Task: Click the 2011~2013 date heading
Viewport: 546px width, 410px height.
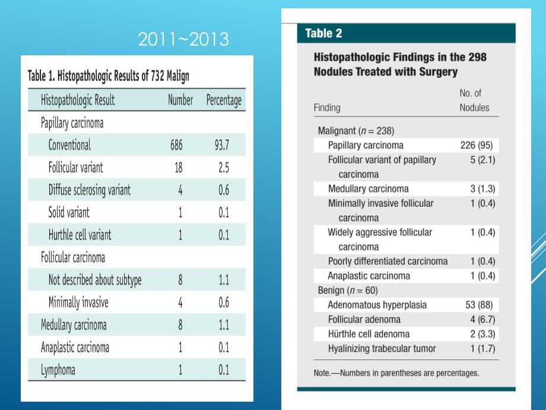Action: pyautogui.click(x=183, y=40)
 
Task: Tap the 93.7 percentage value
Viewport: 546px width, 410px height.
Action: pyautogui.click(x=223, y=145)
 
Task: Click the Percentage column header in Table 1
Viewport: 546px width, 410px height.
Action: pyautogui.click(x=223, y=100)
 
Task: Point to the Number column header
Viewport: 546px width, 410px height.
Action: pyautogui.click(x=180, y=100)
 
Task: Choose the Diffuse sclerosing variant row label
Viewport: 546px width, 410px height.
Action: pyautogui.click(x=89, y=190)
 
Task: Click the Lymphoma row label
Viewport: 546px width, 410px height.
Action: pyautogui.click(x=58, y=370)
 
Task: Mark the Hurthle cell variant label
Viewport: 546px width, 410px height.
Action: pyautogui.click(x=80, y=235)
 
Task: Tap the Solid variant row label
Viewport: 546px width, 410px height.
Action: pyautogui.click(x=69, y=212)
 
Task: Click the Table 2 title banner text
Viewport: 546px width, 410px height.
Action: pyautogui.click(x=323, y=34)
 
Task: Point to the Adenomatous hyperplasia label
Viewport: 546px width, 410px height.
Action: pyautogui.click(x=377, y=305)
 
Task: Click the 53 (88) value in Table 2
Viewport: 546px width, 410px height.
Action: pyautogui.click(x=478, y=305)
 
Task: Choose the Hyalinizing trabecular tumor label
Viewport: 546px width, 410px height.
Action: pyautogui.click(x=382, y=349)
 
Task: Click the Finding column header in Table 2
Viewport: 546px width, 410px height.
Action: pyautogui.click(x=327, y=108)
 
